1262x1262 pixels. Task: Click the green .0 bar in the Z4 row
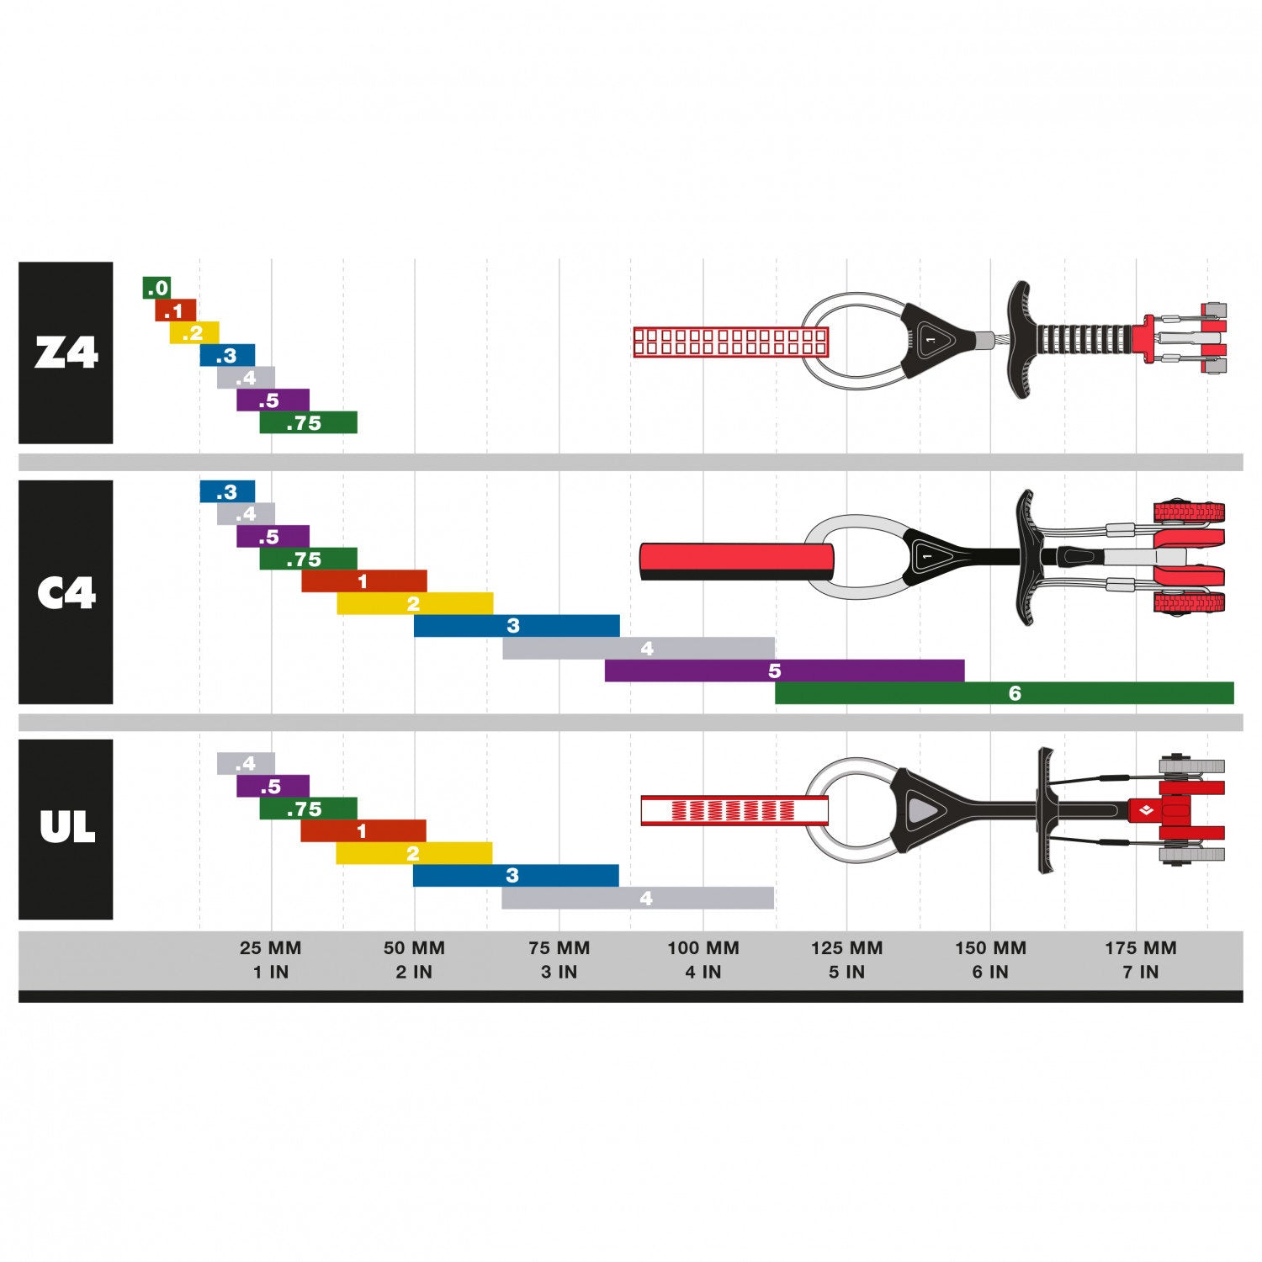[x=156, y=288]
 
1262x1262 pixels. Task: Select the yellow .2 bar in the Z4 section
[x=194, y=333]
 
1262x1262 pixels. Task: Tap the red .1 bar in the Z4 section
[x=175, y=310]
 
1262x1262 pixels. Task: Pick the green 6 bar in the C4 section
[x=1004, y=693]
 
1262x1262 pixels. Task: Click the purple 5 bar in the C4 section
[x=784, y=671]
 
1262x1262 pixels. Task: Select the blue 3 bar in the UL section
[x=516, y=876]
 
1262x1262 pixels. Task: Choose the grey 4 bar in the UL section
[x=638, y=899]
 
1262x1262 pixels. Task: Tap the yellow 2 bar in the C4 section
[x=415, y=604]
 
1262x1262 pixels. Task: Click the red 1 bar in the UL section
[x=363, y=831]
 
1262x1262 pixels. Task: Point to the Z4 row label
[x=66, y=353]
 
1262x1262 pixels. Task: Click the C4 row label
[x=66, y=592]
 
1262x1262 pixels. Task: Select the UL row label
[x=66, y=830]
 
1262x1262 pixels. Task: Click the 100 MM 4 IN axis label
[x=703, y=960]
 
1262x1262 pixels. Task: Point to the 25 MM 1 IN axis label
[x=271, y=960]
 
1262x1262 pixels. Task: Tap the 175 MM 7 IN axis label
[x=1141, y=960]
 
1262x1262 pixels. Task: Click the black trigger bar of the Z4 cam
[x=1021, y=339]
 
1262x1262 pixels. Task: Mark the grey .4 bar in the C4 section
[x=246, y=514]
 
